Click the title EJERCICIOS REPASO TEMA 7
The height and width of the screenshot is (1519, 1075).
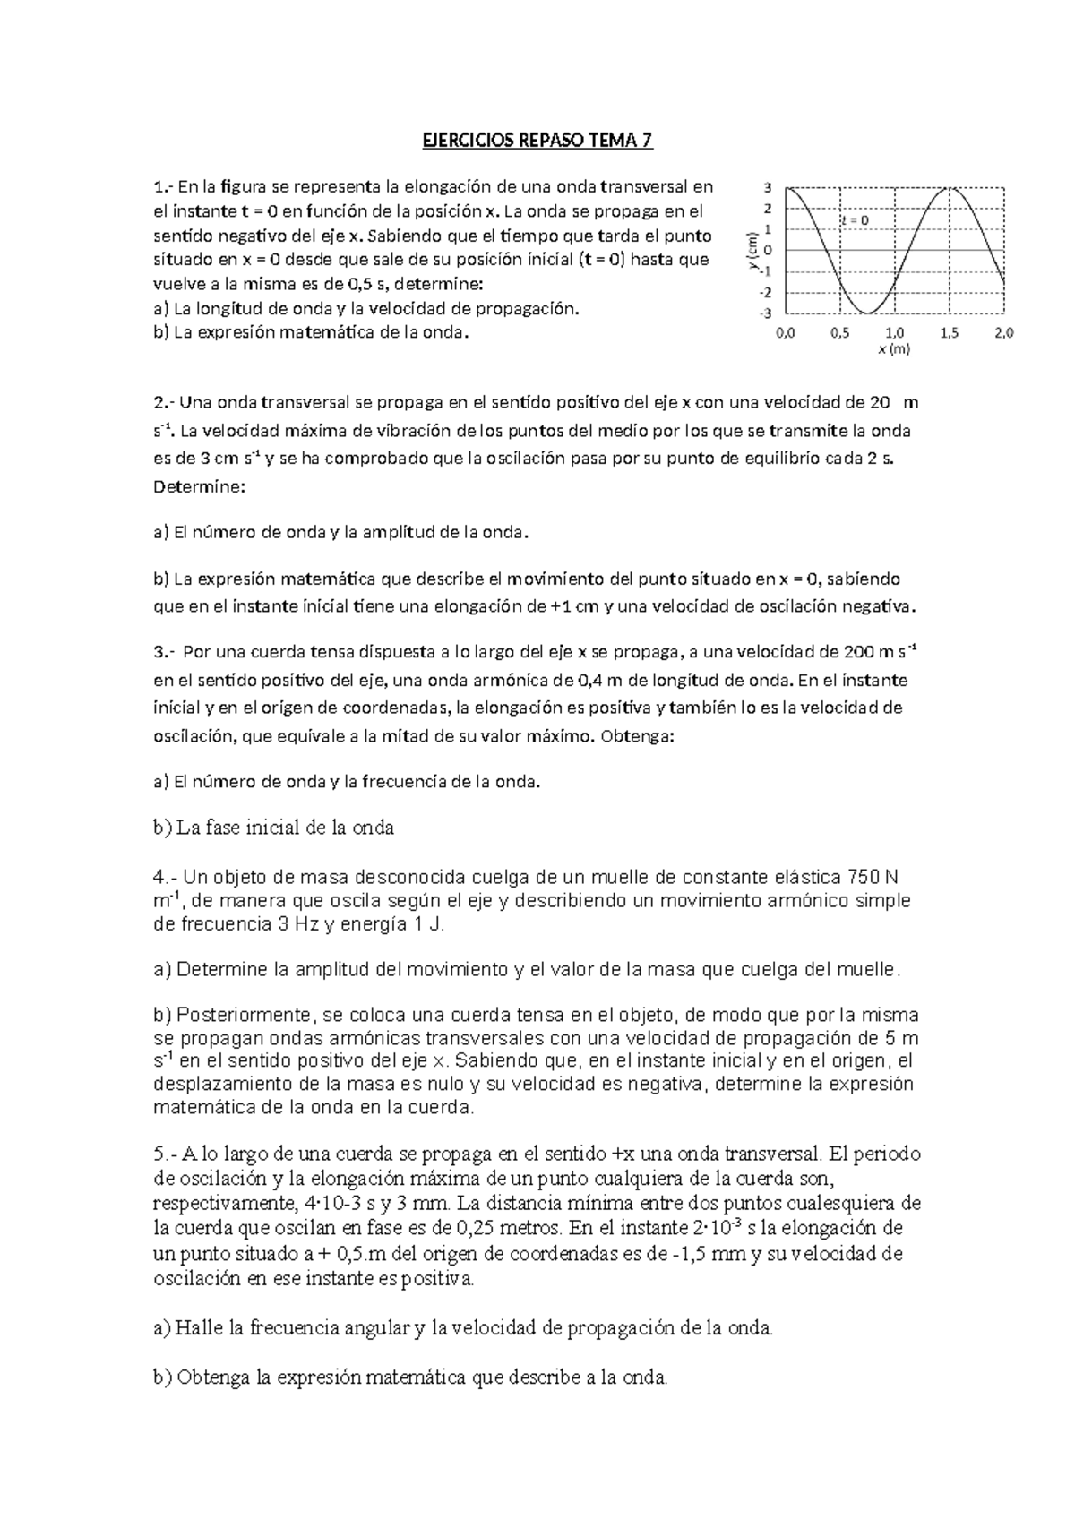(537, 141)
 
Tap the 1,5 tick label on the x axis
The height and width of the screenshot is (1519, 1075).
(950, 333)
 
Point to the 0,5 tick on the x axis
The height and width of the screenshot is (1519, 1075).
(839, 333)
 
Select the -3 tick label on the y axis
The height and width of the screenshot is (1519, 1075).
(765, 313)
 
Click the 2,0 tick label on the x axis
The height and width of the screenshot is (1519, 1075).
(1004, 333)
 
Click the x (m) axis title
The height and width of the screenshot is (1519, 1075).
(894, 350)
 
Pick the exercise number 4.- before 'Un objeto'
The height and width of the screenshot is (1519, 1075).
(166, 877)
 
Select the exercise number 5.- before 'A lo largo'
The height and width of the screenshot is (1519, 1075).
(166, 1154)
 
